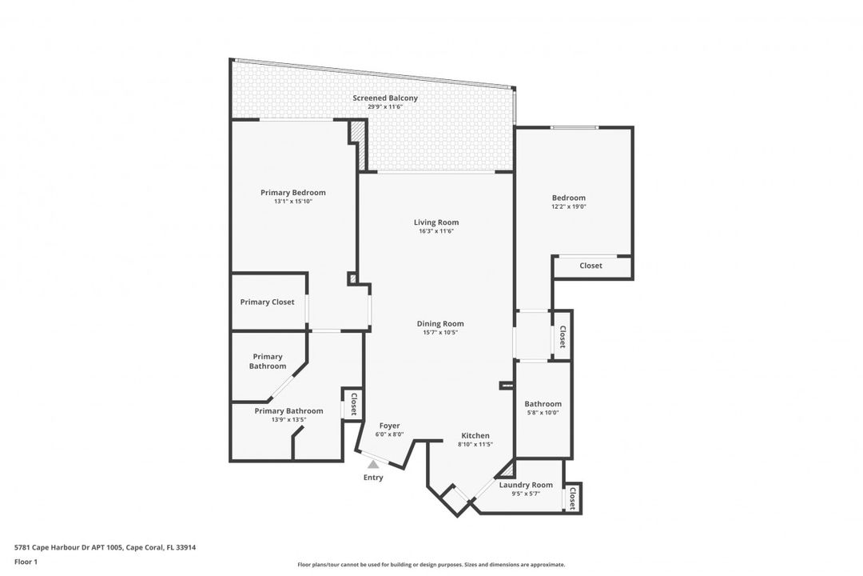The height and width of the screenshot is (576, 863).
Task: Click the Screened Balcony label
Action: coord(385,98)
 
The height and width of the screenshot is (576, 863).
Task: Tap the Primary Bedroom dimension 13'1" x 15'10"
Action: coord(292,202)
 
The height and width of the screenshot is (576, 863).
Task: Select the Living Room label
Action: coord(436,222)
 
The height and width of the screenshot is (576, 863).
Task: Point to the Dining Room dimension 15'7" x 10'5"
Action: coord(440,333)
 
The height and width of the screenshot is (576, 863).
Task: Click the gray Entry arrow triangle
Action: coord(372,463)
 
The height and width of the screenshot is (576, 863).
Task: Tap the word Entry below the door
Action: coord(373,478)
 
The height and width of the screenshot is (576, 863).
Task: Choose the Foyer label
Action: coord(389,426)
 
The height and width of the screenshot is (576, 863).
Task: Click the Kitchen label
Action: coord(475,436)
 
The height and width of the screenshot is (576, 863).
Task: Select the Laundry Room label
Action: coord(526,485)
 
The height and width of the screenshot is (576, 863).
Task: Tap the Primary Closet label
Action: coord(267,302)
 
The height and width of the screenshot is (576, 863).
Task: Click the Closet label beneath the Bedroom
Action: coord(591,266)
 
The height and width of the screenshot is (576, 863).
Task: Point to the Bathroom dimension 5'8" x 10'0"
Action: coord(543,413)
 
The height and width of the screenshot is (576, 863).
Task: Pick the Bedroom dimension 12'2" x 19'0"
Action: coord(568,207)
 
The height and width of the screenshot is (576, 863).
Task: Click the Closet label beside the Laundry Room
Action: coord(573,498)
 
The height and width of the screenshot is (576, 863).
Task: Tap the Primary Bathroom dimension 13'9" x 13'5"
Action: coord(288,419)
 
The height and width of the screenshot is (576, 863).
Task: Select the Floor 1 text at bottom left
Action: coord(26,562)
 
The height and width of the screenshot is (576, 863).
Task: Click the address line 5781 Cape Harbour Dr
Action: coord(105,547)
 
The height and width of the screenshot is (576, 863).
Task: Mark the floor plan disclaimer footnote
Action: coord(431,564)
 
